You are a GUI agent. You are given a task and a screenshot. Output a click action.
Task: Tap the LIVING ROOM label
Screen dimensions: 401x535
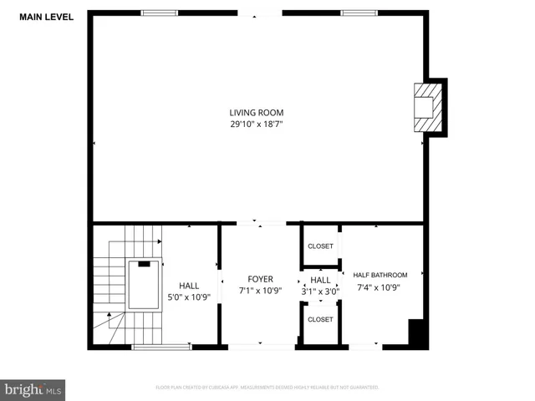(x=257, y=113)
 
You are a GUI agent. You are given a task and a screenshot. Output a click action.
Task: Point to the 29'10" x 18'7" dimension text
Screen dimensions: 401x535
(x=257, y=124)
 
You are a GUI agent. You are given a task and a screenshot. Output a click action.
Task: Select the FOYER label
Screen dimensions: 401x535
(x=260, y=279)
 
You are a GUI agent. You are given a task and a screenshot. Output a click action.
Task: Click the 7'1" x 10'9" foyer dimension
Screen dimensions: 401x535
(x=260, y=291)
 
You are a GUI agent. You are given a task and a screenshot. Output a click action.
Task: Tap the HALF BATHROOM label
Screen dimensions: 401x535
(x=380, y=275)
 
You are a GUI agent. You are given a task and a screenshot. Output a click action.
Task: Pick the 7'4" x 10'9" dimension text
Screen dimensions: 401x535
(x=380, y=287)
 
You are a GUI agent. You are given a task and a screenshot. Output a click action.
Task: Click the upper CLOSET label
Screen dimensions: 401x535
(x=320, y=246)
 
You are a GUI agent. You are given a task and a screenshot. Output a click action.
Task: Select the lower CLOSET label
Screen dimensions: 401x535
(x=320, y=319)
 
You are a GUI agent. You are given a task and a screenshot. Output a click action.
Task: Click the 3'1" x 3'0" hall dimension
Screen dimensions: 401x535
(x=320, y=291)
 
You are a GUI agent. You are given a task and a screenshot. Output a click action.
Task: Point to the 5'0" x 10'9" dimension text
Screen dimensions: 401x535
(x=189, y=297)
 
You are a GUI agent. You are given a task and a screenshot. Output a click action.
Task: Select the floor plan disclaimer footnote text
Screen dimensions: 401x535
(x=267, y=388)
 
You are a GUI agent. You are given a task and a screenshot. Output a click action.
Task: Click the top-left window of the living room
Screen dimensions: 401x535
(x=159, y=13)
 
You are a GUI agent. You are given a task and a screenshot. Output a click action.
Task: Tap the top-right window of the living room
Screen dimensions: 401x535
(x=358, y=13)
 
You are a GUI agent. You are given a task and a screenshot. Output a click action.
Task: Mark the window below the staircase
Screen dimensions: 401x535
(x=160, y=346)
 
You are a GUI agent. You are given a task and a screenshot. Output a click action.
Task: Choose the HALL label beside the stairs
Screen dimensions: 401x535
(x=189, y=285)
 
